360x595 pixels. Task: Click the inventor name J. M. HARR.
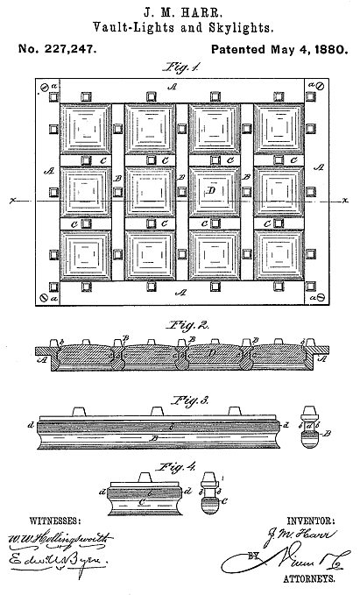(x=180, y=11)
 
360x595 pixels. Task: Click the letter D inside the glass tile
(x=211, y=189)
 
